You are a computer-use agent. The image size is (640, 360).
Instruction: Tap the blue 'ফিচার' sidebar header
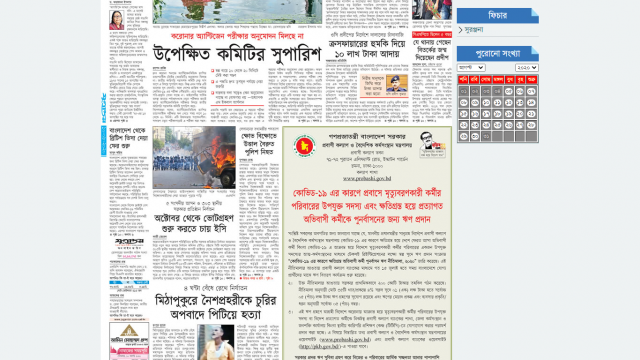[x=498, y=15]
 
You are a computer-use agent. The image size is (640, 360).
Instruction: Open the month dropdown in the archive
[x=471, y=67]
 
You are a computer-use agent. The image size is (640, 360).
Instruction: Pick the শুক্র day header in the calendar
[x=532, y=79]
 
